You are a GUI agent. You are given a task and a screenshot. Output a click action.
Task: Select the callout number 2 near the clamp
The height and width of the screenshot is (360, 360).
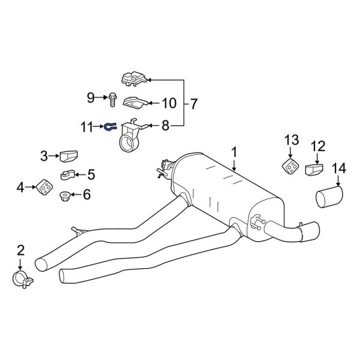coord(20,250)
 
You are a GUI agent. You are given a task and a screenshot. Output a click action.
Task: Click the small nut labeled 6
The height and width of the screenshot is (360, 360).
coord(65,196)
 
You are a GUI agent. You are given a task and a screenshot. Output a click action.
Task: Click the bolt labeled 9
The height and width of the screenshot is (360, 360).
coord(113,98)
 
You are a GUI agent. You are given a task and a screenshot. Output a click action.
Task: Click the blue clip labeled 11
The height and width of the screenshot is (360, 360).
coord(112,127)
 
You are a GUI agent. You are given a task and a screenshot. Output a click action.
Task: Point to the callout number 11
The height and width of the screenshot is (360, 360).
coord(88,127)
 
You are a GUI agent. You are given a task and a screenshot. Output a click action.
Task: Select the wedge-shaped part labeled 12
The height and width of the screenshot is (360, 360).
coord(313,171)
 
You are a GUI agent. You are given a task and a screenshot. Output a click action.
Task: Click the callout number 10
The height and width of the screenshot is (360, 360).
coord(169,103)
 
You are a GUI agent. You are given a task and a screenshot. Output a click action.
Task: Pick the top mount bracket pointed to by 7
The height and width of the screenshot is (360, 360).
coord(134,78)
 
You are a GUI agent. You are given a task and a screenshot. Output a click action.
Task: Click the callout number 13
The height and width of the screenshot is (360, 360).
coord(290,140)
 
